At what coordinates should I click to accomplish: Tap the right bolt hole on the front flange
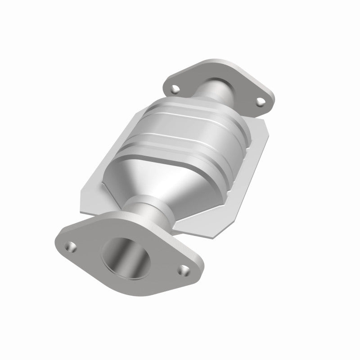182,270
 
